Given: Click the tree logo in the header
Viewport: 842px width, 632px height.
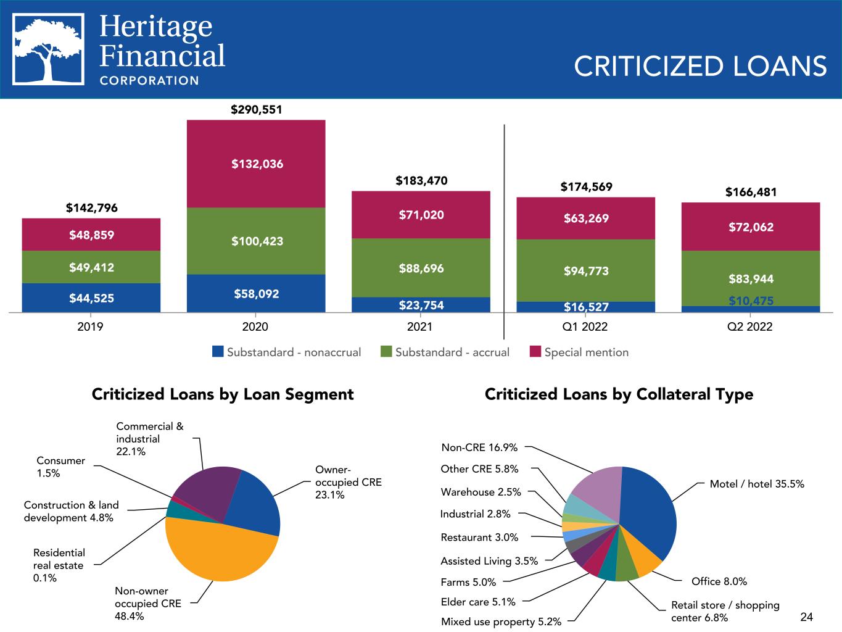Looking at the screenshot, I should tap(49, 49).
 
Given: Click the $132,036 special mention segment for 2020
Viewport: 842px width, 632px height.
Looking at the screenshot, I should tap(257, 164).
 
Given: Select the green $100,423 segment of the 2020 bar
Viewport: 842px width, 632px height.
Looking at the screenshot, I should tap(257, 241).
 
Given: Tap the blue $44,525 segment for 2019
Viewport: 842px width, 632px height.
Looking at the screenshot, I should tap(91, 299).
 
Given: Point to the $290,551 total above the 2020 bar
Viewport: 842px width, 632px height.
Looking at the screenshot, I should tap(256, 110).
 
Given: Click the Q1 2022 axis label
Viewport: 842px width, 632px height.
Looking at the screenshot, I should tap(585, 326).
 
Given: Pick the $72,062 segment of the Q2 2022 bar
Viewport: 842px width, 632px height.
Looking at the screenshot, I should tap(751, 227).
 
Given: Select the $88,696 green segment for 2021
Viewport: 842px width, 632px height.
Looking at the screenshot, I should tap(421, 268).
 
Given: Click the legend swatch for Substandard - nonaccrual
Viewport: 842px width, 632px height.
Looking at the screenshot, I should tap(217, 352).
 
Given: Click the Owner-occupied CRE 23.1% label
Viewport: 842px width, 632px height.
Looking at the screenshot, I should tap(348, 482).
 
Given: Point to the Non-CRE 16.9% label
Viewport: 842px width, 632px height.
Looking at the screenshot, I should tap(479, 447).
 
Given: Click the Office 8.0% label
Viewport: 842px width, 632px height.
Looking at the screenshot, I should tap(719, 581).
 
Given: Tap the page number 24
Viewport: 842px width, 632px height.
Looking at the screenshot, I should tap(806, 617).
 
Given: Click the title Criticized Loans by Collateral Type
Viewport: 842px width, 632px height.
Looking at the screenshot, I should tap(619, 394).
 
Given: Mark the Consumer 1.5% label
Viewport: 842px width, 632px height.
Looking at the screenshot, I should tap(60, 467).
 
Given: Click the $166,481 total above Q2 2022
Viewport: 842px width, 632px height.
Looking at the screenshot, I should tap(751, 192).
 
